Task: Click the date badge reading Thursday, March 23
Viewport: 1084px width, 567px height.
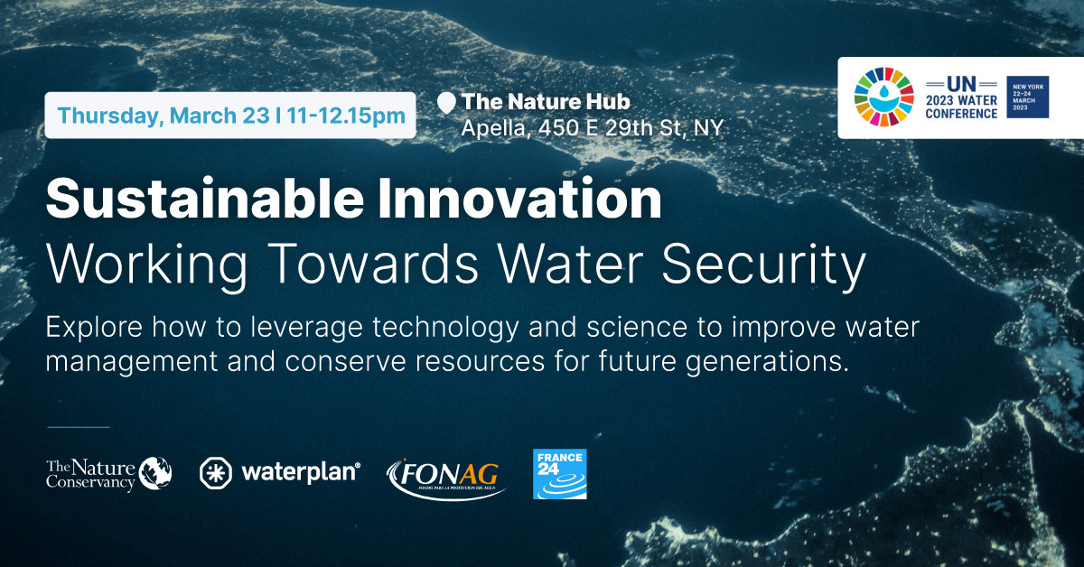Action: [230, 115]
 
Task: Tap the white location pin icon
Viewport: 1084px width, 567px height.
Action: [446, 103]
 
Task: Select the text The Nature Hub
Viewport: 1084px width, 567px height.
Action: [546, 102]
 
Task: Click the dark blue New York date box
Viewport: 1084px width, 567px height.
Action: [1028, 98]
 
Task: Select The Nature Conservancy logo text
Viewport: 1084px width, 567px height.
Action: [90, 474]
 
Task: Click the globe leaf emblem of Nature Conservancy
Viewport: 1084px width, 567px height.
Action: [155, 472]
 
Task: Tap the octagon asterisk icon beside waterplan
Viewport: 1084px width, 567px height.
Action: [216, 472]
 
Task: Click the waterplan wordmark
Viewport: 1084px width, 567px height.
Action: [301, 472]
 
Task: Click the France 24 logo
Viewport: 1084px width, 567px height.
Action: [560, 473]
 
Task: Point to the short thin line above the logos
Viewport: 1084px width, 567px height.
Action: [78, 427]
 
